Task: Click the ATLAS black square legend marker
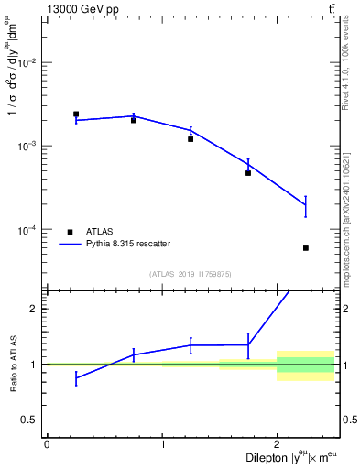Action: pos(70,232)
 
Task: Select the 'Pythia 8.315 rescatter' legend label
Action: pos(129,244)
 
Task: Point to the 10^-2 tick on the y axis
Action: pos(33,62)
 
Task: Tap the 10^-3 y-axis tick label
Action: pos(33,146)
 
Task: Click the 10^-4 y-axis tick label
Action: pos(33,229)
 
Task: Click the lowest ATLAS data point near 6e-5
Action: pos(306,248)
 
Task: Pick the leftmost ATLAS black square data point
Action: pos(76,115)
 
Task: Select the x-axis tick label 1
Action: pos(162,444)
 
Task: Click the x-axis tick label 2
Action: pos(277,444)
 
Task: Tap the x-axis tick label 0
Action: pos(47,444)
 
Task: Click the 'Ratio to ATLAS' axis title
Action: pos(14,364)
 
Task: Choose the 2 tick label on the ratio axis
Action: pos(38,309)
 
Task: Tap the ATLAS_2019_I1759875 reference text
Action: pos(191,273)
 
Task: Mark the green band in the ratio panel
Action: pos(306,365)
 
